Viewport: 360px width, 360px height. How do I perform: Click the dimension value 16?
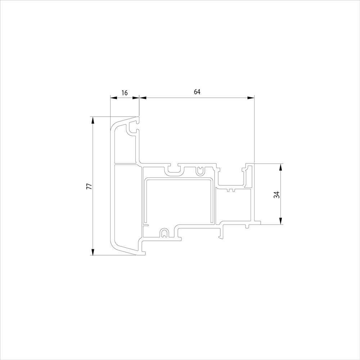pyautogui.click(x=125, y=93)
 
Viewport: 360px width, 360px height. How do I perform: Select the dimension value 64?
pyautogui.click(x=197, y=92)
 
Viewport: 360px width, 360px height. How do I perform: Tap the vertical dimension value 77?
pyautogui.click(x=89, y=186)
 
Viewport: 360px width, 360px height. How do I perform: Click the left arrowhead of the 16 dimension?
pyautogui.click(x=114, y=98)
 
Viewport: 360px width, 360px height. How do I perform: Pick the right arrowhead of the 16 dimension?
pyautogui.click(x=136, y=98)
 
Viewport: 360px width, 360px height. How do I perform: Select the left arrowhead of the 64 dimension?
pyautogui.click(x=143, y=98)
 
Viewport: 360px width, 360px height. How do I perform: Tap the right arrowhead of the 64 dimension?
pyautogui.click(x=251, y=98)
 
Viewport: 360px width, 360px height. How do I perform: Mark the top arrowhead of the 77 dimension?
pyautogui.click(x=93, y=120)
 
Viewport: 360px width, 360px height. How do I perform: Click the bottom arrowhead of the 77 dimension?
pyautogui.click(x=93, y=252)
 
